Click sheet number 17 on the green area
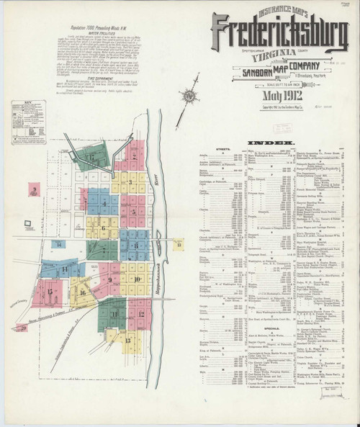point(92,156)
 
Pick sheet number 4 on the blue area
point(104,203)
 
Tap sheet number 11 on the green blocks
point(113,312)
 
